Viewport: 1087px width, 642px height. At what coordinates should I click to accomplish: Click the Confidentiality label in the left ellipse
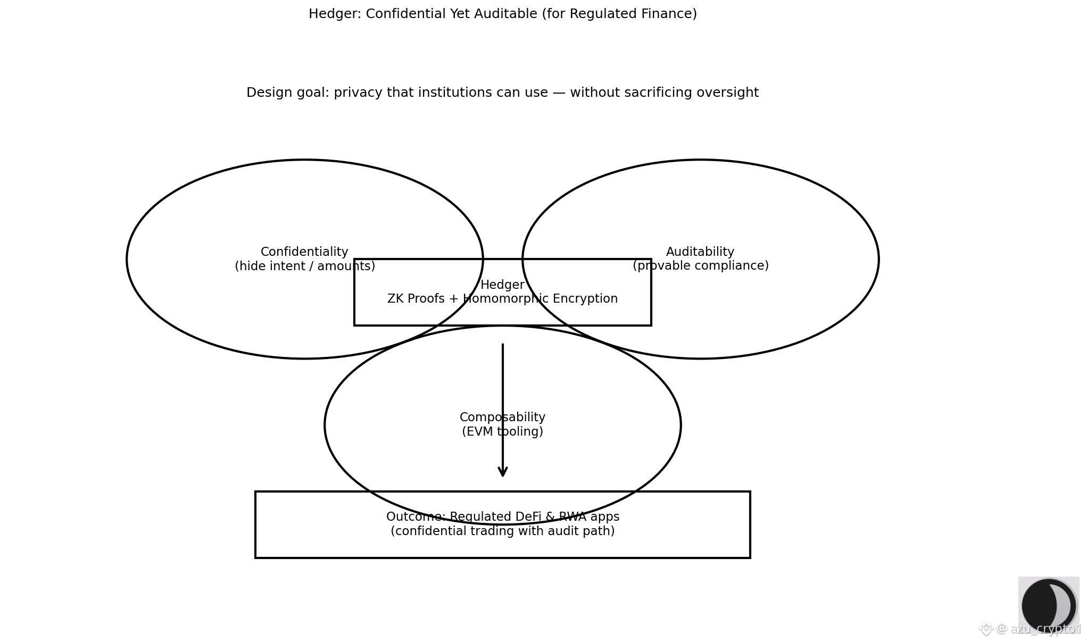pyautogui.click(x=304, y=252)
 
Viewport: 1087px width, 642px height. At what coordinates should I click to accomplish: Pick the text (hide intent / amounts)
pyautogui.click(x=305, y=266)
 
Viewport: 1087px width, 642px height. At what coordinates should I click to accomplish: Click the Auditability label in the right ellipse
pyautogui.click(x=700, y=252)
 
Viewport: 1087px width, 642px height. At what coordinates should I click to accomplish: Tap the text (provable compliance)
pyautogui.click(x=700, y=266)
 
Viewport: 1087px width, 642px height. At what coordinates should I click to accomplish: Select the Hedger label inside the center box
pyautogui.click(x=502, y=285)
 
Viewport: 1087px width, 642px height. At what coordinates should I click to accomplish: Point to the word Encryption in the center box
pyautogui.click(x=585, y=299)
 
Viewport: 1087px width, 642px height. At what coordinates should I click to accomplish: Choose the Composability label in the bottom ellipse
pyautogui.click(x=502, y=418)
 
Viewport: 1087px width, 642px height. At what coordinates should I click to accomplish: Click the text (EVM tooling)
pyautogui.click(x=502, y=431)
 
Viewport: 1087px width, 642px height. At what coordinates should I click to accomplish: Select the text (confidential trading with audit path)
pyautogui.click(x=502, y=531)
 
